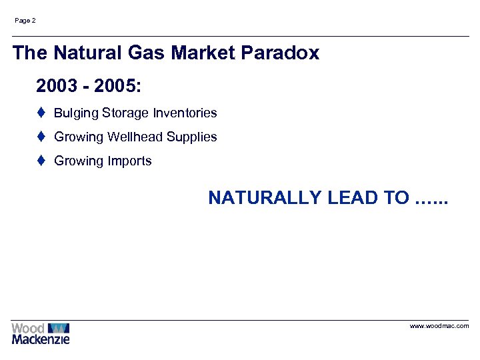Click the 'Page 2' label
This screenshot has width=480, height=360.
(25, 21)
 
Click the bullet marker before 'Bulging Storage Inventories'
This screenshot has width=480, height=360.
(41, 113)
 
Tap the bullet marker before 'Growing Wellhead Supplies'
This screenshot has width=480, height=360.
(41, 137)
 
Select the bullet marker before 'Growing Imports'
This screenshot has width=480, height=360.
(41, 161)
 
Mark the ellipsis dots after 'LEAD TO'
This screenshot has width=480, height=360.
(431, 199)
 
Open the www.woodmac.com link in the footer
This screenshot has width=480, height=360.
(439, 326)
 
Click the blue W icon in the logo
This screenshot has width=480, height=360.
(59, 328)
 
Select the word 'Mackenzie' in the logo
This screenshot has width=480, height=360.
(40, 339)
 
